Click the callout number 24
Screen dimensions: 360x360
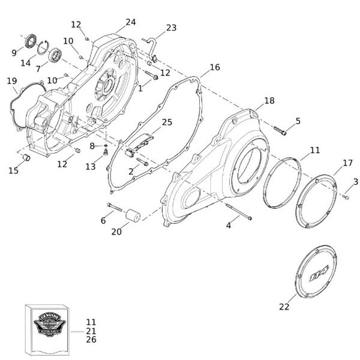click(x=130, y=22)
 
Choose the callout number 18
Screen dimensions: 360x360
click(x=269, y=101)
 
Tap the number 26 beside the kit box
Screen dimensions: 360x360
click(x=91, y=340)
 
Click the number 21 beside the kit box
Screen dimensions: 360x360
click(x=91, y=331)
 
